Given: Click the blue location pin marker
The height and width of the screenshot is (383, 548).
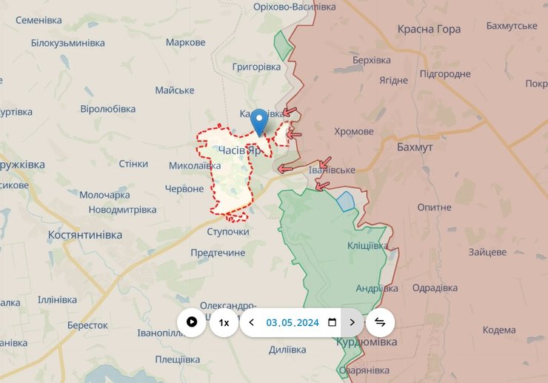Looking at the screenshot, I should pos(259,121).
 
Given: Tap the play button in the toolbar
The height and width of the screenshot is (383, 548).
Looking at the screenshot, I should pos(192,322).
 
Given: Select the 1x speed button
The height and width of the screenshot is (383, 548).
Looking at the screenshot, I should pos(224,322).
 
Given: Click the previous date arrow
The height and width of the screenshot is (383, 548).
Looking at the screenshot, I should pos(252,322).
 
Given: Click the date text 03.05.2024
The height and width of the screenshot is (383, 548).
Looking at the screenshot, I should pos(293,322).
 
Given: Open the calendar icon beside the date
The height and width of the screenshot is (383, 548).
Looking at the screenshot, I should pos(332,322).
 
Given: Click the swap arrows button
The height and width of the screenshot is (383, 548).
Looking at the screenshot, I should pos(380,322).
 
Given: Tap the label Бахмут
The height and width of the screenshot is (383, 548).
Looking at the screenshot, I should pos(415,147).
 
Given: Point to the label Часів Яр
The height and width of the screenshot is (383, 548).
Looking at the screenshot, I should pos(240,150).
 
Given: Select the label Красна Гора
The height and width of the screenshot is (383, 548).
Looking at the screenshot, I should pos(429,30).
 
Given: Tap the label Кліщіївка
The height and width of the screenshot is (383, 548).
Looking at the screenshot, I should pos(367,245).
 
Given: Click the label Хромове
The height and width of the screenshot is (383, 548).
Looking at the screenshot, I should pos(354,132).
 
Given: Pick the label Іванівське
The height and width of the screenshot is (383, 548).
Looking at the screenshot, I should pos(331,170).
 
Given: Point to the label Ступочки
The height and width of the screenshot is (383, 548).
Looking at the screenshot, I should pos(228,232).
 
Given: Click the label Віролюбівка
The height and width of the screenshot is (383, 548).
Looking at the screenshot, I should pos(108,109).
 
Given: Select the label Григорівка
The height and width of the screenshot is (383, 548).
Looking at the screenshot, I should pos(257,67).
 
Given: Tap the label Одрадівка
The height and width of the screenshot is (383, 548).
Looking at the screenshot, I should pos(435,288).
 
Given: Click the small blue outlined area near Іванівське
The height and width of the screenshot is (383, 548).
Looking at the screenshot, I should pos(346,201).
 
